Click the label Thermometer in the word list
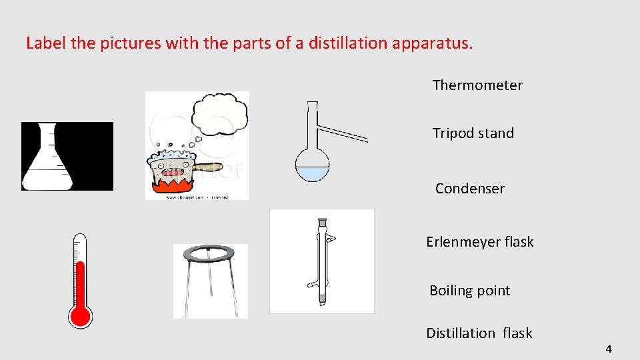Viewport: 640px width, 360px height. coord(477,85)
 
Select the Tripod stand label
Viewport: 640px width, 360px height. coord(473,133)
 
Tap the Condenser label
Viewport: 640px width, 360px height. coord(469,189)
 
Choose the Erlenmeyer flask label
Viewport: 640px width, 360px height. coord(479,242)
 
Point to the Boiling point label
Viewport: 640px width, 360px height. coord(469,291)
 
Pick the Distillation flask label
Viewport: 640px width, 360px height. coord(479,333)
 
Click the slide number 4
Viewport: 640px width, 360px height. coord(609,349)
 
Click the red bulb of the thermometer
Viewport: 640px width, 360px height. coord(80,316)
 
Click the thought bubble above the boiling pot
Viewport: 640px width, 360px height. coord(219,113)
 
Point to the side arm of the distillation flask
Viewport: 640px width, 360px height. coord(343,133)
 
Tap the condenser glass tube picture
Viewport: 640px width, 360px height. coord(323,261)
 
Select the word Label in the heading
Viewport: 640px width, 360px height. coord(45,44)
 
